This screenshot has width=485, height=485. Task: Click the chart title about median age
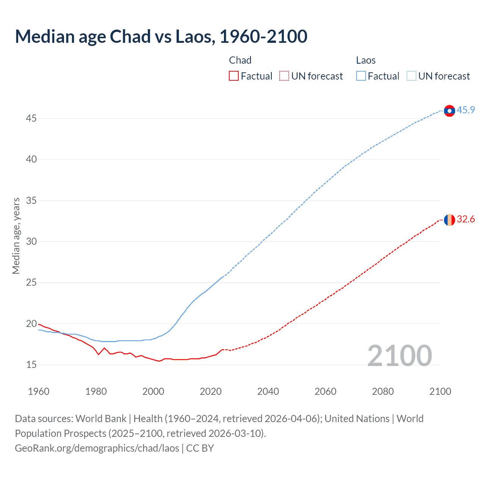click(161, 36)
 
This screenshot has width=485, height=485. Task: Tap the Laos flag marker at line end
click(449, 111)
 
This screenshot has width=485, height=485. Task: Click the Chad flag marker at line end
click(449, 220)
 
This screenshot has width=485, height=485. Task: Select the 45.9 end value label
click(466, 110)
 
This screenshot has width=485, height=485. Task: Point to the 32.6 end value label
click(466, 219)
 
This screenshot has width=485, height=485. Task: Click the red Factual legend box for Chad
click(234, 76)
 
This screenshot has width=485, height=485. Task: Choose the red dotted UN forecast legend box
click(284, 76)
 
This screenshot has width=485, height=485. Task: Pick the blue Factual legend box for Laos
click(361, 76)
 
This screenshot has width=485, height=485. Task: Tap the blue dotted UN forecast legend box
click(411, 76)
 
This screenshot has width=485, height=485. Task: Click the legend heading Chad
click(240, 60)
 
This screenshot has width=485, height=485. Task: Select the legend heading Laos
click(366, 60)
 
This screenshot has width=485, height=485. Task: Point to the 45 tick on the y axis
click(31, 119)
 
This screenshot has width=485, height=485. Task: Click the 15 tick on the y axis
click(31, 365)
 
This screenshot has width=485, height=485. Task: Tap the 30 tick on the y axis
click(31, 242)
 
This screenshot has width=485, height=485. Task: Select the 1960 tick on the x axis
click(39, 391)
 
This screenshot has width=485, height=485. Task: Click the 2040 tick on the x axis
click(268, 391)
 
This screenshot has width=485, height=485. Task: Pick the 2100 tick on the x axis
click(440, 391)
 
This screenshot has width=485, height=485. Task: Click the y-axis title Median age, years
click(16, 236)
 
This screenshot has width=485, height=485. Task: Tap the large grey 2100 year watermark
click(399, 356)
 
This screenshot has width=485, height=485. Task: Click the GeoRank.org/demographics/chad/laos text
click(97, 448)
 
